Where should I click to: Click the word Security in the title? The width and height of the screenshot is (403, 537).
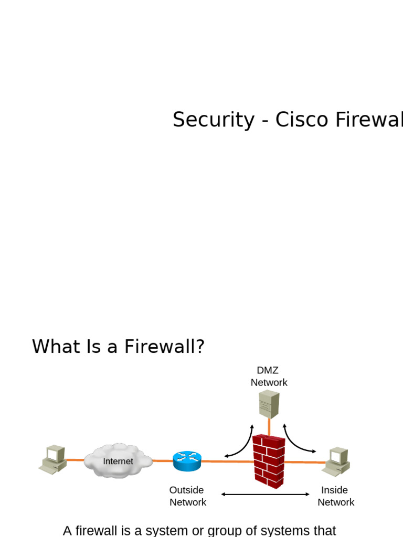tap(206, 120)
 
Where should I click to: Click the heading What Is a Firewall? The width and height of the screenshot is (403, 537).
tap(118, 347)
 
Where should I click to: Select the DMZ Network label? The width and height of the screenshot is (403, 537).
tap(269, 377)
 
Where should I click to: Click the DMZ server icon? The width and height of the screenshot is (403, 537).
tap(269, 404)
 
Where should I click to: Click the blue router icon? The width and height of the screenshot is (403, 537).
tap(187, 461)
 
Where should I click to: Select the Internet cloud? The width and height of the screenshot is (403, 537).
tap(118, 461)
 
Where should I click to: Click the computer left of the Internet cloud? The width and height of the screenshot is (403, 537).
tap(53, 459)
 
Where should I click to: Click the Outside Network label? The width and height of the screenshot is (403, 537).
tap(187, 496)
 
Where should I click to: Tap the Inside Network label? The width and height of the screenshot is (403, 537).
tap(335, 496)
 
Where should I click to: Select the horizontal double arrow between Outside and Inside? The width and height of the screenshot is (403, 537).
tap(266, 494)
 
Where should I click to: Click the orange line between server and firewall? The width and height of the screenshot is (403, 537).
tap(269, 426)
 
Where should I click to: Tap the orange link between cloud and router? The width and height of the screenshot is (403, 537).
tap(162, 461)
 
